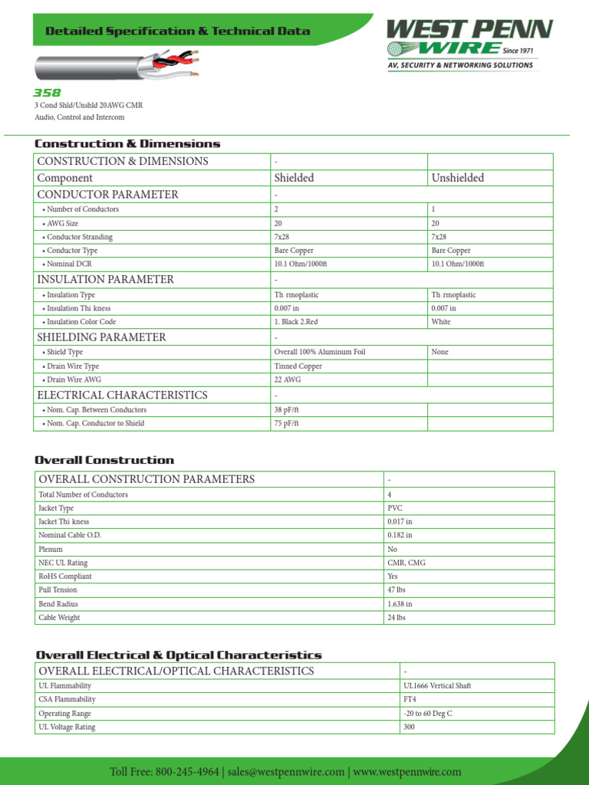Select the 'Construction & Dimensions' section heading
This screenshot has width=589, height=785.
click(127, 143)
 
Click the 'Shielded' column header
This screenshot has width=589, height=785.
click(294, 178)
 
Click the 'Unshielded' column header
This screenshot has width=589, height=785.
click(457, 178)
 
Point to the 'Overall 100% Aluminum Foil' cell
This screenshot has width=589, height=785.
click(320, 352)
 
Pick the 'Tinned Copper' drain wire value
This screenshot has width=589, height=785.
click(298, 366)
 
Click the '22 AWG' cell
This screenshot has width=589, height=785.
click(288, 379)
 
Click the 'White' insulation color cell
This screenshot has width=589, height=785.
click(441, 322)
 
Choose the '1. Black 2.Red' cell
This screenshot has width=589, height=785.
click(296, 322)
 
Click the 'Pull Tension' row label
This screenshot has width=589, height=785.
click(58, 590)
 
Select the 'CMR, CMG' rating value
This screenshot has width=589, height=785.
click(406, 563)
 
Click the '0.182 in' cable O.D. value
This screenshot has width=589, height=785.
click(400, 535)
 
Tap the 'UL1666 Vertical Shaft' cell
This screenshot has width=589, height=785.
click(436, 686)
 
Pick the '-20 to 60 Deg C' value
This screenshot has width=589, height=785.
click(428, 714)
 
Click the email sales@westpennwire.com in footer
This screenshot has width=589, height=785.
click(286, 771)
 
